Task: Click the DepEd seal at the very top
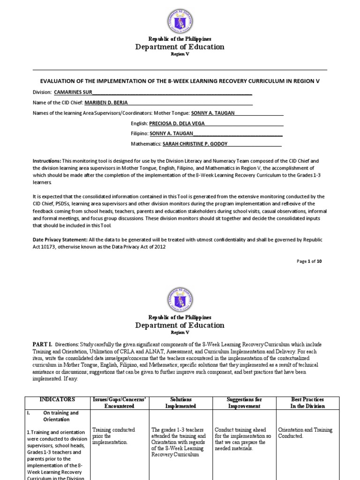pyautogui.click(x=180, y=19)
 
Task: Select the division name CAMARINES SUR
pyautogui.click(x=73, y=92)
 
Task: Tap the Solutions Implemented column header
pyautogui.click(x=180, y=403)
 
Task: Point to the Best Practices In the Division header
pyautogui.click(x=307, y=403)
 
